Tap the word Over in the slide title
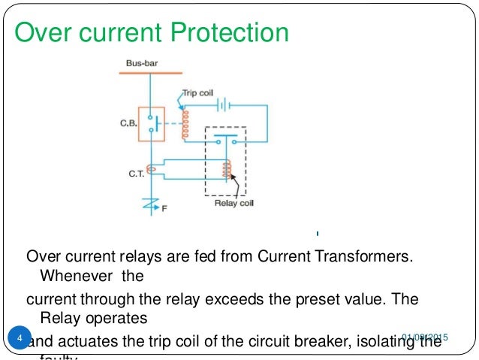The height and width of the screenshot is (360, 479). pos(44,34)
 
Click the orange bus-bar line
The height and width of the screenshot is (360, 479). pos(150,73)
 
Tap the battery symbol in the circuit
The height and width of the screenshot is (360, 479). pos(222,104)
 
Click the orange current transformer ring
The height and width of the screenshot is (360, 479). pos(151,170)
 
